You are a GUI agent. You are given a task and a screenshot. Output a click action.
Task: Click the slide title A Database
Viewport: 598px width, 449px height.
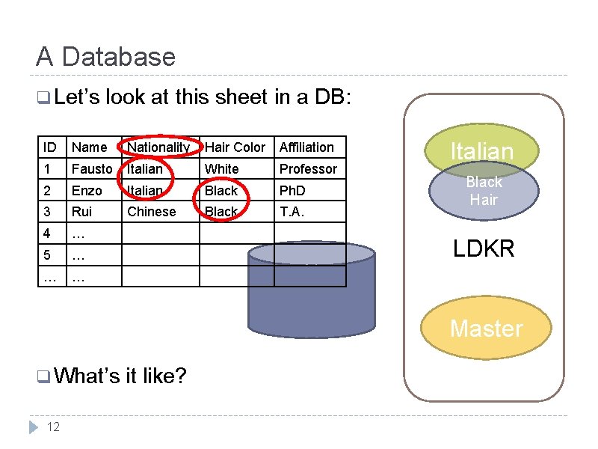click(x=105, y=57)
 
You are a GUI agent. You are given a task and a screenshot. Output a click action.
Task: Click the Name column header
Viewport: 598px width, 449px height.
click(x=90, y=147)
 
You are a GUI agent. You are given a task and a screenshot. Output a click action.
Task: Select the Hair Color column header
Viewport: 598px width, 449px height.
click(x=235, y=147)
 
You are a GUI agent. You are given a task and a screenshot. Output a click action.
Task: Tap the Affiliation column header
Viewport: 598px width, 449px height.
click(x=306, y=147)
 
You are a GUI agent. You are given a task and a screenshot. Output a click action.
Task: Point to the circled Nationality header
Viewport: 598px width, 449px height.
click(x=158, y=147)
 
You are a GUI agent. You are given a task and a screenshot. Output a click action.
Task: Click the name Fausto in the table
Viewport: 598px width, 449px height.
click(x=92, y=169)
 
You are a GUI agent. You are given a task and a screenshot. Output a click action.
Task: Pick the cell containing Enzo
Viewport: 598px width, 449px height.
click(x=87, y=191)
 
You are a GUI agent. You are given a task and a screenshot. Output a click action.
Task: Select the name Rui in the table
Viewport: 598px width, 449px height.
click(x=82, y=212)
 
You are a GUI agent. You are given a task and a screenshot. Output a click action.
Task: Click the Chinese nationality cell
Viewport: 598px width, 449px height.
click(x=152, y=212)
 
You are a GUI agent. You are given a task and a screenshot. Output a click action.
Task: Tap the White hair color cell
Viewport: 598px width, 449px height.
click(x=222, y=169)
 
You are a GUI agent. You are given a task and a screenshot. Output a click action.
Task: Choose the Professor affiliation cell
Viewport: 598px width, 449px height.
click(x=308, y=169)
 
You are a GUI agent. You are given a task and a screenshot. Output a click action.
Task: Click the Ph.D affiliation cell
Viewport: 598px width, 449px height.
click(x=292, y=191)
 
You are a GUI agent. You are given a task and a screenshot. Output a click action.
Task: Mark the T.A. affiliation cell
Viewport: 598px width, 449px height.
click(x=292, y=212)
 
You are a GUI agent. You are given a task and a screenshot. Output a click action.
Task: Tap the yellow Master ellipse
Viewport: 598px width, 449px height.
click(x=486, y=329)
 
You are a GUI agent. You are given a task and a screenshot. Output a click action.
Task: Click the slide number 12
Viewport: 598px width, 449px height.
click(x=53, y=427)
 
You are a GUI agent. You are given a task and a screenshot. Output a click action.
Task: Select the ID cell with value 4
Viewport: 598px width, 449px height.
click(x=47, y=233)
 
